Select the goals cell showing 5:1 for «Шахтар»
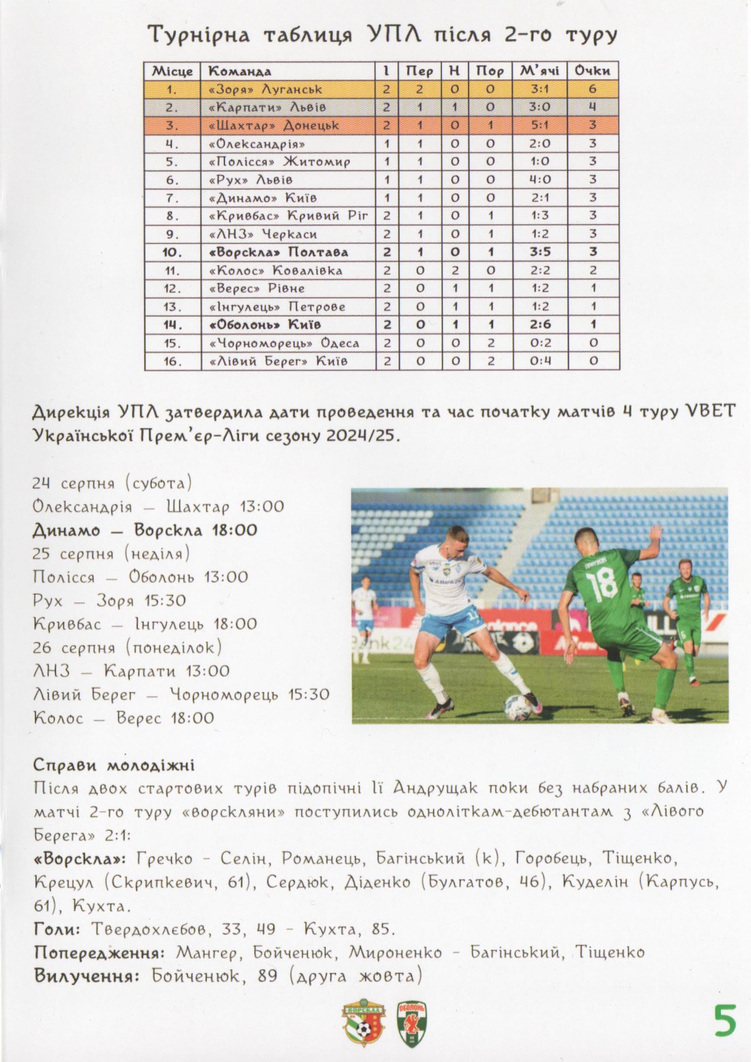pyautogui.click(x=540, y=125)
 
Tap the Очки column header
pyautogui.click(x=592, y=71)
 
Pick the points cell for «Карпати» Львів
pyautogui.click(x=592, y=107)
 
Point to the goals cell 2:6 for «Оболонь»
pyautogui.click(x=540, y=324)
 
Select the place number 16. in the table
pyautogui.click(x=172, y=361)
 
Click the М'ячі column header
pyautogui.click(x=540, y=71)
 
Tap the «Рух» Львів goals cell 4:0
pyautogui.click(x=540, y=180)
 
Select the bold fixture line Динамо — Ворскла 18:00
pyautogui.click(x=144, y=530)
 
